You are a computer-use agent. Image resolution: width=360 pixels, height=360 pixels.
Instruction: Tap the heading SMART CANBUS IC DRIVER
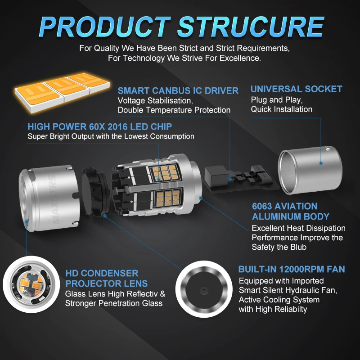click(x=178, y=90)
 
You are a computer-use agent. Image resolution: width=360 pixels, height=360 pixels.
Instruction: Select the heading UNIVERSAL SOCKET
click(x=296, y=89)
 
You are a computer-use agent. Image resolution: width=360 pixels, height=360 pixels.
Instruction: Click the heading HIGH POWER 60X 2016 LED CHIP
click(x=99, y=126)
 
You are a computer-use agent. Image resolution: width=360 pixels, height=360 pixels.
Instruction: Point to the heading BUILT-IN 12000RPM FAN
click(x=292, y=270)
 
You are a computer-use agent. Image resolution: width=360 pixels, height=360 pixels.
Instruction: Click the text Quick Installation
click(x=281, y=109)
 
